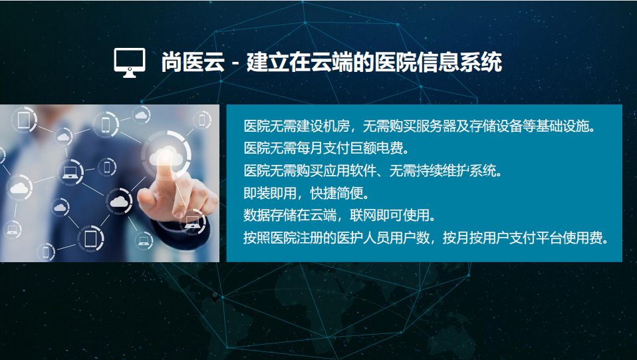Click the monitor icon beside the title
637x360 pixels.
coord(130,63)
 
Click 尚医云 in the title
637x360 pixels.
coord(193,63)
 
